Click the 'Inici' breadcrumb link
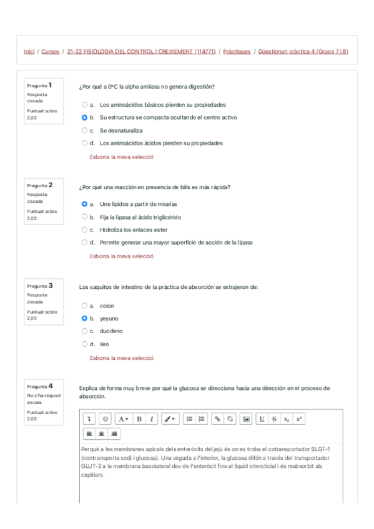click(29, 52)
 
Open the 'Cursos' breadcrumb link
click(51, 52)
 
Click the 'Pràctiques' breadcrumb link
click(237, 52)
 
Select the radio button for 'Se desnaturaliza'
click(84, 130)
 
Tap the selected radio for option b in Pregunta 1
click(84, 117)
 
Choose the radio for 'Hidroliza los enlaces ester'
click(84, 230)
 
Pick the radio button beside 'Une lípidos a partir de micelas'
click(84, 204)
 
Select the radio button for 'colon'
click(84, 306)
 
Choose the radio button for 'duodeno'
click(84, 331)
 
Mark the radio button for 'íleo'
click(84, 344)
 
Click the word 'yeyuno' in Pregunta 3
click(109, 319)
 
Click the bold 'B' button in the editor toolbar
click(139, 419)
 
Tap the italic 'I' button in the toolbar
click(151, 419)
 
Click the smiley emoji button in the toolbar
click(105, 419)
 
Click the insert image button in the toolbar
click(246, 419)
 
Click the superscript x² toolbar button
click(299, 419)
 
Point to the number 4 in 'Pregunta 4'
click(50, 386)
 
